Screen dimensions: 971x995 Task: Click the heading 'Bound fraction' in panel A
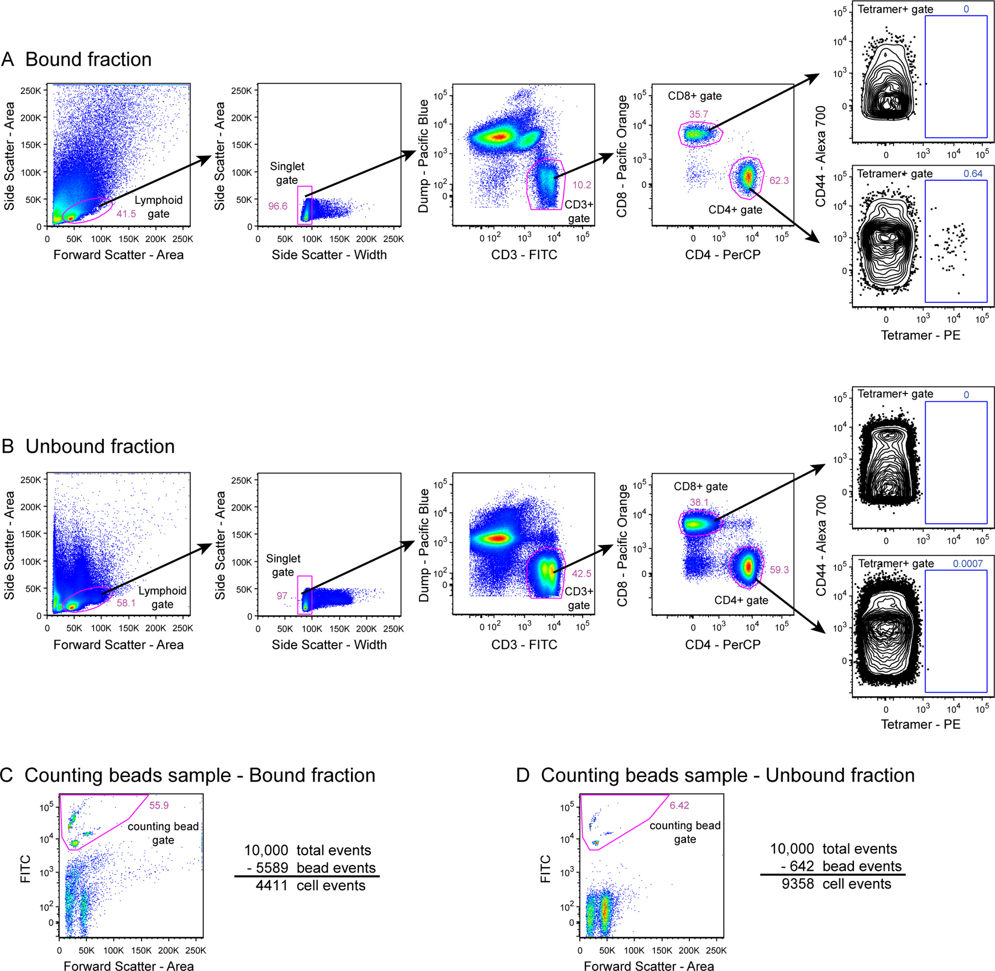88,59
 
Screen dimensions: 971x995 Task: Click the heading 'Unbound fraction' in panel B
99,446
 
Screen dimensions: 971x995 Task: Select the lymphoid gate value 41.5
126,214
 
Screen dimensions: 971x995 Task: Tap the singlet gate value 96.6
277,206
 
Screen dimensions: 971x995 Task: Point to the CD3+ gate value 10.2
582,185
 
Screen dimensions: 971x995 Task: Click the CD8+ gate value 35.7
698,114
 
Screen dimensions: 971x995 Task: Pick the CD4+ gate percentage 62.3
779,181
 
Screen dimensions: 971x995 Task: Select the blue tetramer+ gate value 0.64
973,174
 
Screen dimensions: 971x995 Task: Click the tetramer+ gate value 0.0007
967,564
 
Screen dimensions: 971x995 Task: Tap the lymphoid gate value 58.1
126,603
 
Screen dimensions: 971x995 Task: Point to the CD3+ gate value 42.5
582,574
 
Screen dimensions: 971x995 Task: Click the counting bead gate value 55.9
159,805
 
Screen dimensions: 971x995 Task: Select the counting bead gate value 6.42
679,805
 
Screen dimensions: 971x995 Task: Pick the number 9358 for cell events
798,884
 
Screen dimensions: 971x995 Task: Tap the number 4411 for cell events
271,885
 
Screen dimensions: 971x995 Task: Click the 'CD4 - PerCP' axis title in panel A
722,255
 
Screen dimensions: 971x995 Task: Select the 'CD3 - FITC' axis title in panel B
524,644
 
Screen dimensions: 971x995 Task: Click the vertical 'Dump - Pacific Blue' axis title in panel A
423,156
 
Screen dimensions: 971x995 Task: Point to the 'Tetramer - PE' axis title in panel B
920,724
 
